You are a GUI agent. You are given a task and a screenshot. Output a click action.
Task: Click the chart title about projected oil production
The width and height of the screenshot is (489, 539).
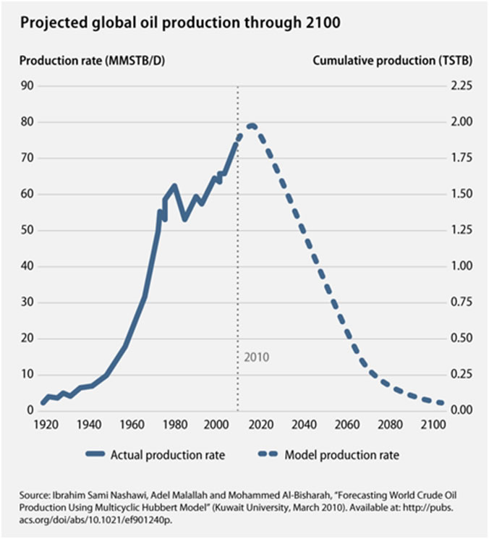pos(180,22)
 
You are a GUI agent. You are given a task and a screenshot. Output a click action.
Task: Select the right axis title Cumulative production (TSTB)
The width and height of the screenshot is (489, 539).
pos(393,61)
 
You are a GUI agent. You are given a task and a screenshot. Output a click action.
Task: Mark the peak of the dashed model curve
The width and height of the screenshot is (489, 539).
pos(251,126)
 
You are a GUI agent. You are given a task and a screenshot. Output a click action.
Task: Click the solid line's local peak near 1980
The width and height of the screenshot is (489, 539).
pos(174,186)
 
